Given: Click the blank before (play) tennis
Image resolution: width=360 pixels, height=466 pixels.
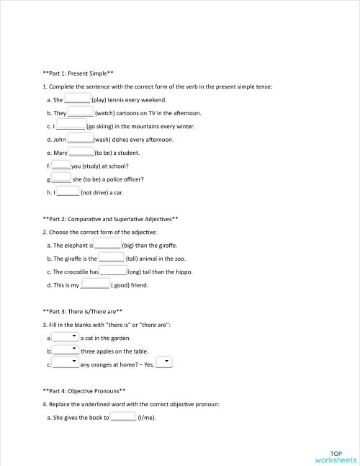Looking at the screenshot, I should pos(77,99).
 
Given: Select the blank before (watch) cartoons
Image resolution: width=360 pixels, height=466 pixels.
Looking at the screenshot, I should pos(81,112).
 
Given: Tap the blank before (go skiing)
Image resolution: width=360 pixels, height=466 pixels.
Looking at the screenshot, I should pos(71,125).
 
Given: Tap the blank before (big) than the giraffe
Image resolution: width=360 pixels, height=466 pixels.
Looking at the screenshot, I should pos(108,244).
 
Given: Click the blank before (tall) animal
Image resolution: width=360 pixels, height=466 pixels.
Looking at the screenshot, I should pos(111,257).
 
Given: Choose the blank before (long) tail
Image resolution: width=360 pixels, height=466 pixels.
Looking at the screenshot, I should pos(112,271).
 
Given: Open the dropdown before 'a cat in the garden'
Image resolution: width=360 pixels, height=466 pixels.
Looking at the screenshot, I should pos(66,336).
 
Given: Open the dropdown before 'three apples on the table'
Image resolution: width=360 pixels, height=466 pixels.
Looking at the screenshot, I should pos(66,350).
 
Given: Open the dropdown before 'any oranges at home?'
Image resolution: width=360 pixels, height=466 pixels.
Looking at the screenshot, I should pos(66,363).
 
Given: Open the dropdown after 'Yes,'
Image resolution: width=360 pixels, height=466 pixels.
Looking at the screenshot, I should pos(164,363).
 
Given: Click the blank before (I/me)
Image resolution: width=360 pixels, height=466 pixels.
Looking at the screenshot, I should pos(122,416).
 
